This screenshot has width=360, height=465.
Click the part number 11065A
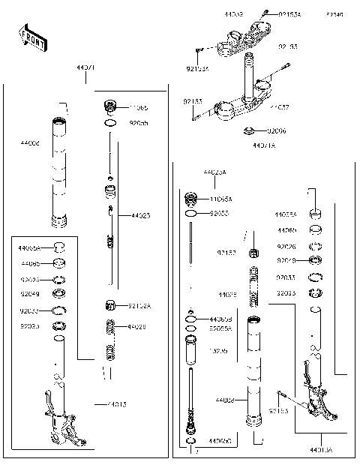coord(220,199)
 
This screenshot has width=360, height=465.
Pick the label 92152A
coord(139,305)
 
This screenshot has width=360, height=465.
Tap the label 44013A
coord(323,450)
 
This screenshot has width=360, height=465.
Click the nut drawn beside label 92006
coord(250,132)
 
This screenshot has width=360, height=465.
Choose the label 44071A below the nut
coord(264,145)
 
